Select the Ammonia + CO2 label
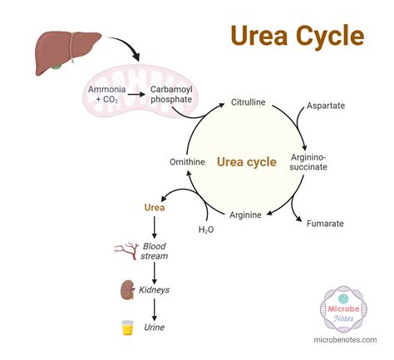click(106, 93)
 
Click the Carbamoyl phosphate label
click(171, 93)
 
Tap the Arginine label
click(245, 215)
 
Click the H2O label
click(207, 229)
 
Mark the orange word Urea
click(155, 208)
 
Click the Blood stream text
click(155, 250)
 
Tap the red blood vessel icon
click(126, 249)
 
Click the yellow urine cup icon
click(127, 327)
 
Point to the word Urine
click(155, 328)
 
